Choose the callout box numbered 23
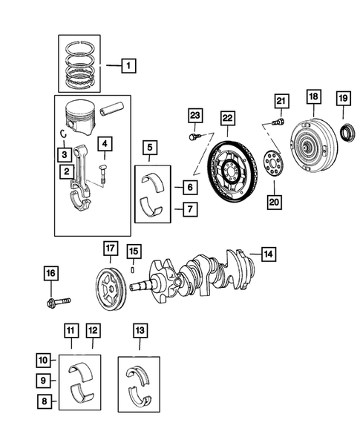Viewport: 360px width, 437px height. pos(195,115)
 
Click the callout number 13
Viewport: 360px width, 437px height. pos(139,328)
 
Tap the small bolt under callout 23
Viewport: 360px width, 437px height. pos(194,136)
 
